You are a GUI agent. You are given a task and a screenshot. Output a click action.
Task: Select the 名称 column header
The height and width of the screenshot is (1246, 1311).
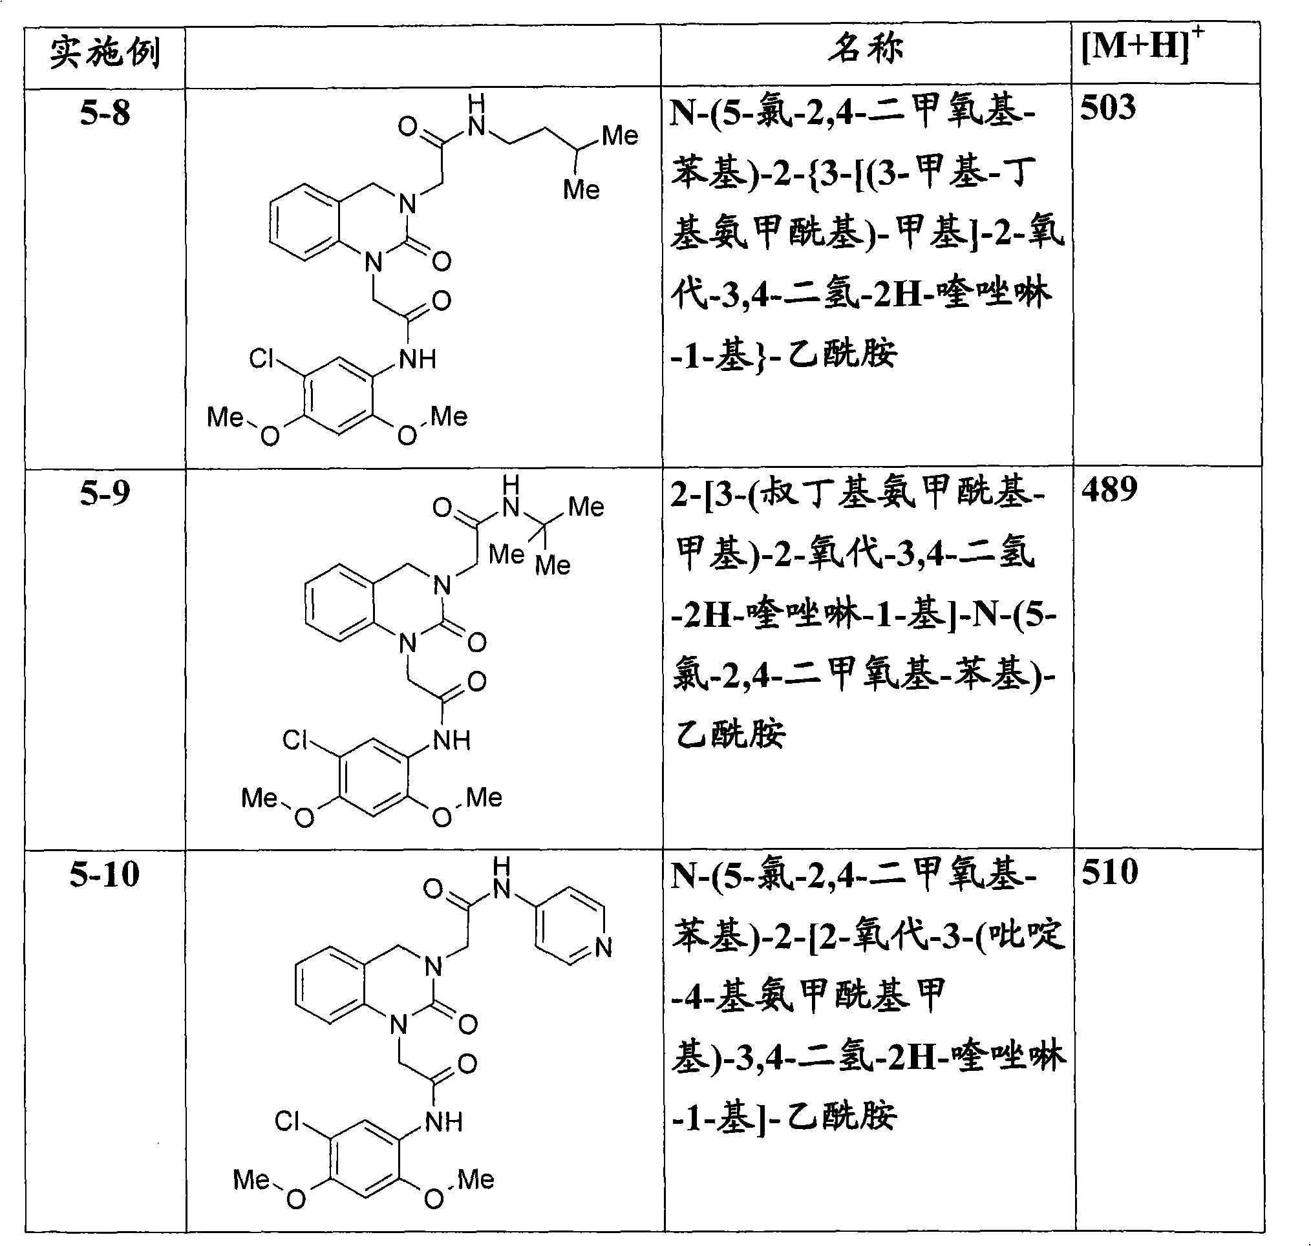click(866, 48)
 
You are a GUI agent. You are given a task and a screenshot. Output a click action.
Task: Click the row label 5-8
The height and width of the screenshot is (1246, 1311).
click(105, 113)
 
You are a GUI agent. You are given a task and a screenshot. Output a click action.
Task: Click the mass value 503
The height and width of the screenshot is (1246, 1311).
click(1107, 107)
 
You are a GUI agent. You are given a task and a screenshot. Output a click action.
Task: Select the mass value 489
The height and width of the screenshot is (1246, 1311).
click(1109, 489)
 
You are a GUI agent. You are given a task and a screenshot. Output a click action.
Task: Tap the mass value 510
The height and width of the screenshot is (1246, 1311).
click(1110, 871)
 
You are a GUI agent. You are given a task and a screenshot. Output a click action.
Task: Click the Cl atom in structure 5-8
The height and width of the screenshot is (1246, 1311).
click(261, 359)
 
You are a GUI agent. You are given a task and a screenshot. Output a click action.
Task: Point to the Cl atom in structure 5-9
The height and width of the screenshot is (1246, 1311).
click(295, 739)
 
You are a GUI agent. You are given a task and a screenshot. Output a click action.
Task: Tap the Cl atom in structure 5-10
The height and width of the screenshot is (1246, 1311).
click(287, 1121)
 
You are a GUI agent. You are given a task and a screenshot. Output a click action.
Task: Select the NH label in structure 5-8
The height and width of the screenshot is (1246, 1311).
click(418, 359)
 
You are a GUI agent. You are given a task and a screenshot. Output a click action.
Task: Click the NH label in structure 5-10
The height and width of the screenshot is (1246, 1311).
click(444, 1122)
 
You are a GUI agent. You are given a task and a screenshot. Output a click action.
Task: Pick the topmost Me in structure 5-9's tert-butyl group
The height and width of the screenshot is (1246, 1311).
click(586, 507)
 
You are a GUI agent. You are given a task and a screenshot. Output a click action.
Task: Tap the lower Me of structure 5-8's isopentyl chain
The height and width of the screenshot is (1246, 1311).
click(581, 190)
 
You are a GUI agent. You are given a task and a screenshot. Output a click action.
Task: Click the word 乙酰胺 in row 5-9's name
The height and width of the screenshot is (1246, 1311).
click(730, 734)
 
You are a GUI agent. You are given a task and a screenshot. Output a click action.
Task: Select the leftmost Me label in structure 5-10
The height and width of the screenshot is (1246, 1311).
click(251, 1179)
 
